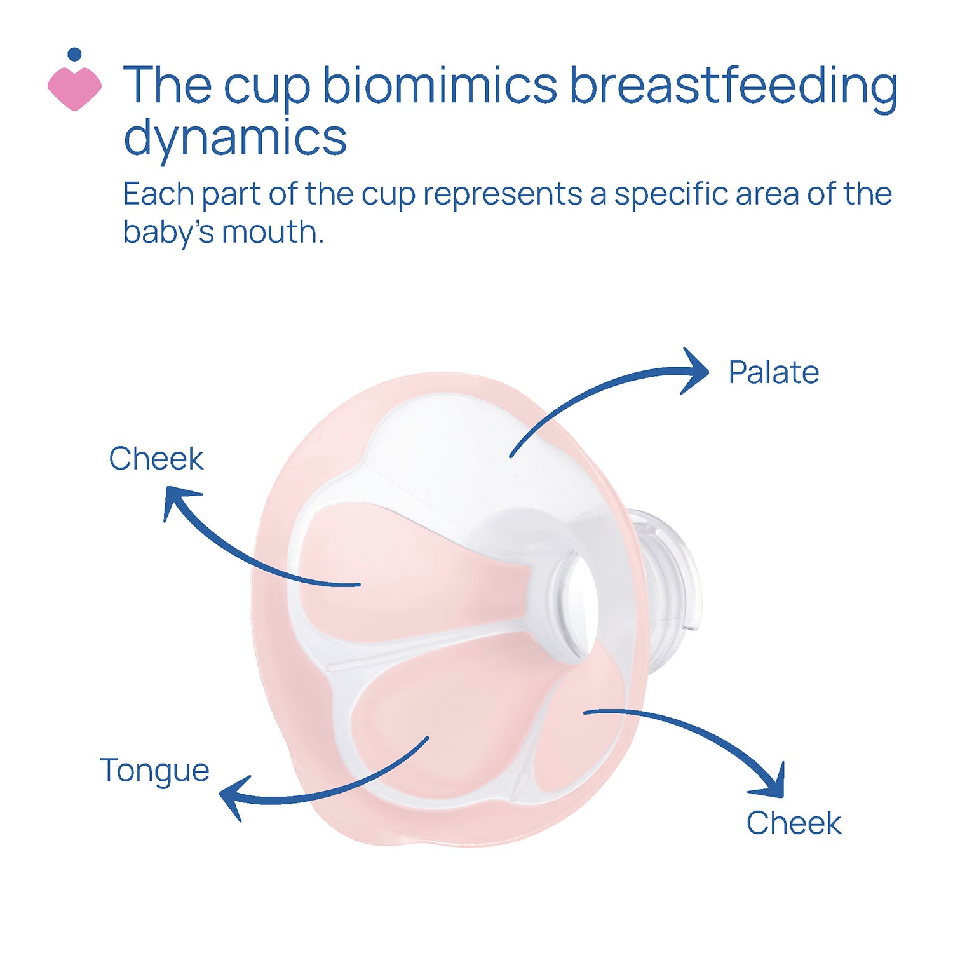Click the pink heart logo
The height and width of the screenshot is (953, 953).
click(74, 88)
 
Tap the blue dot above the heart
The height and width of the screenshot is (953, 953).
click(74, 55)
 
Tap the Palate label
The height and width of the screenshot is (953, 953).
click(773, 372)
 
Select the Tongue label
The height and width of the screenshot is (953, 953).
click(154, 771)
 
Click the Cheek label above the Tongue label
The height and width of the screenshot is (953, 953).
click(156, 458)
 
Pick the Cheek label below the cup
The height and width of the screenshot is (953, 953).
click(794, 823)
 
